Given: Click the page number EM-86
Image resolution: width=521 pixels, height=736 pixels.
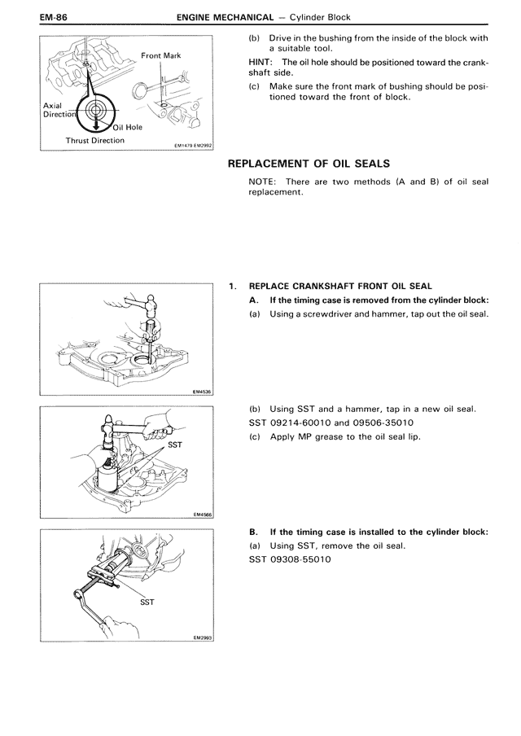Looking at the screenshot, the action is [x=54, y=17].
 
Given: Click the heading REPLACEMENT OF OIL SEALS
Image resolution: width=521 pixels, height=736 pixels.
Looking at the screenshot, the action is [x=309, y=164].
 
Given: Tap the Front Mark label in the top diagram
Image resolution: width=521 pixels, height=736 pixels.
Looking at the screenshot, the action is [x=161, y=55].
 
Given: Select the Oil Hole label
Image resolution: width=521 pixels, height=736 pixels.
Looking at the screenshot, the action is [x=127, y=127].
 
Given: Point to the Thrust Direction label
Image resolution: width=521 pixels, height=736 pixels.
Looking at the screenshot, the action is [x=95, y=140].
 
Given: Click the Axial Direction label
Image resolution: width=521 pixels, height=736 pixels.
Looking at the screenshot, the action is [x=59, y=110].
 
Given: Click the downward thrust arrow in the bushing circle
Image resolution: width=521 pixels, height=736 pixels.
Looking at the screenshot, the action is [x=96, y=121].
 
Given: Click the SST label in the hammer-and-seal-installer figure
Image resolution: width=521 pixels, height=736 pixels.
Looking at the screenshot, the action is [x=174, y=445].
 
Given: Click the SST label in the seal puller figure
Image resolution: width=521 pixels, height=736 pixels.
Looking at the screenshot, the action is [x=147, y=602].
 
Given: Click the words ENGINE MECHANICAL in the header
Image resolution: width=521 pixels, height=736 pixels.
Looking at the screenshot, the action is [x=225, y=18].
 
